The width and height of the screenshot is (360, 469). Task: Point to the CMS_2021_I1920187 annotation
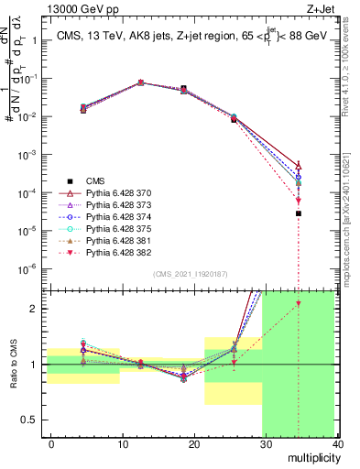(190, 274)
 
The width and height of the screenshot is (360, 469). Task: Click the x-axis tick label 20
(193, 443)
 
